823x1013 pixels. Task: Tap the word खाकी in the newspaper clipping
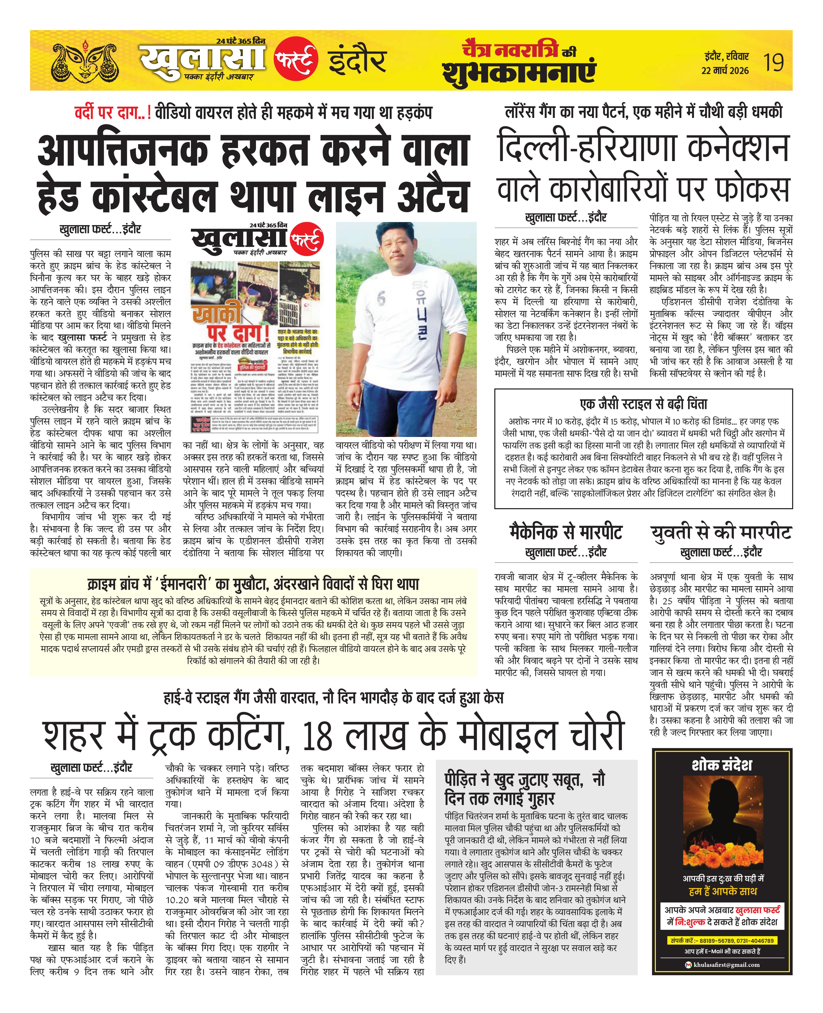[216, 314]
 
